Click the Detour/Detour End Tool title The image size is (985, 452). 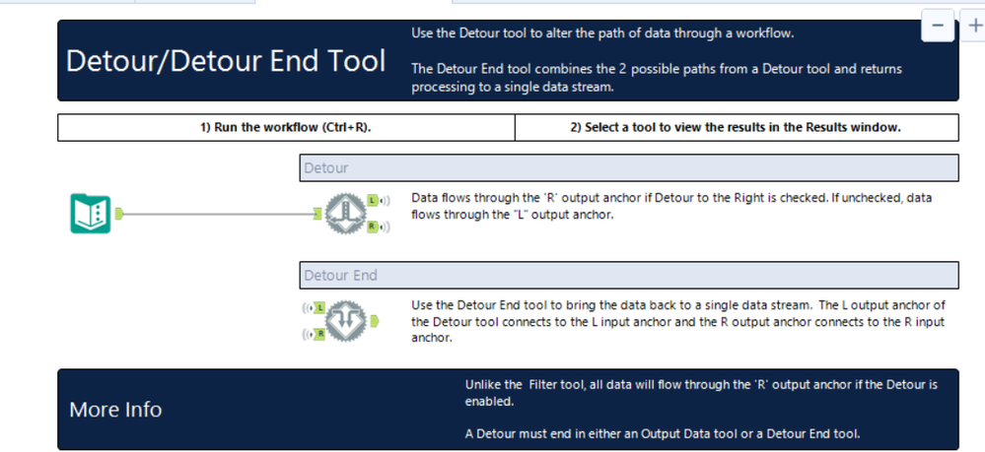pos(226,61)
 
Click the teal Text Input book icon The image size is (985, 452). pos(91,214)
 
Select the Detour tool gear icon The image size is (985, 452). pos(345,214)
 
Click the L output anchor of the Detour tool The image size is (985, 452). pos(373,200)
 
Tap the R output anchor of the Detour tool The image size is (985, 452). pos(373,226)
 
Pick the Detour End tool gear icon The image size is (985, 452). pos(345,321)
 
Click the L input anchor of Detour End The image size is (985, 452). pos(319,308)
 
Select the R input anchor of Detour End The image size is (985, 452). pos(319,334)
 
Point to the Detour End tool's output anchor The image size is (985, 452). pos(374,321)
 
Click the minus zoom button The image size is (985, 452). pos(938,26)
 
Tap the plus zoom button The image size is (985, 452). pos(974,26)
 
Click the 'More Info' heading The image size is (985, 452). pos(115,410)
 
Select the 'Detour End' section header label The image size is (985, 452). pos(340,275)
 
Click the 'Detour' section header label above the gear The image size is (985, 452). pos(326,167)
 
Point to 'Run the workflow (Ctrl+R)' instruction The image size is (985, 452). pos(286,127)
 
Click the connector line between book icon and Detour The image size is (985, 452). pos(218,215)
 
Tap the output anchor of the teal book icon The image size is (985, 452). pos(118,214)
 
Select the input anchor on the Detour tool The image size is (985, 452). pos(317,215)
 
